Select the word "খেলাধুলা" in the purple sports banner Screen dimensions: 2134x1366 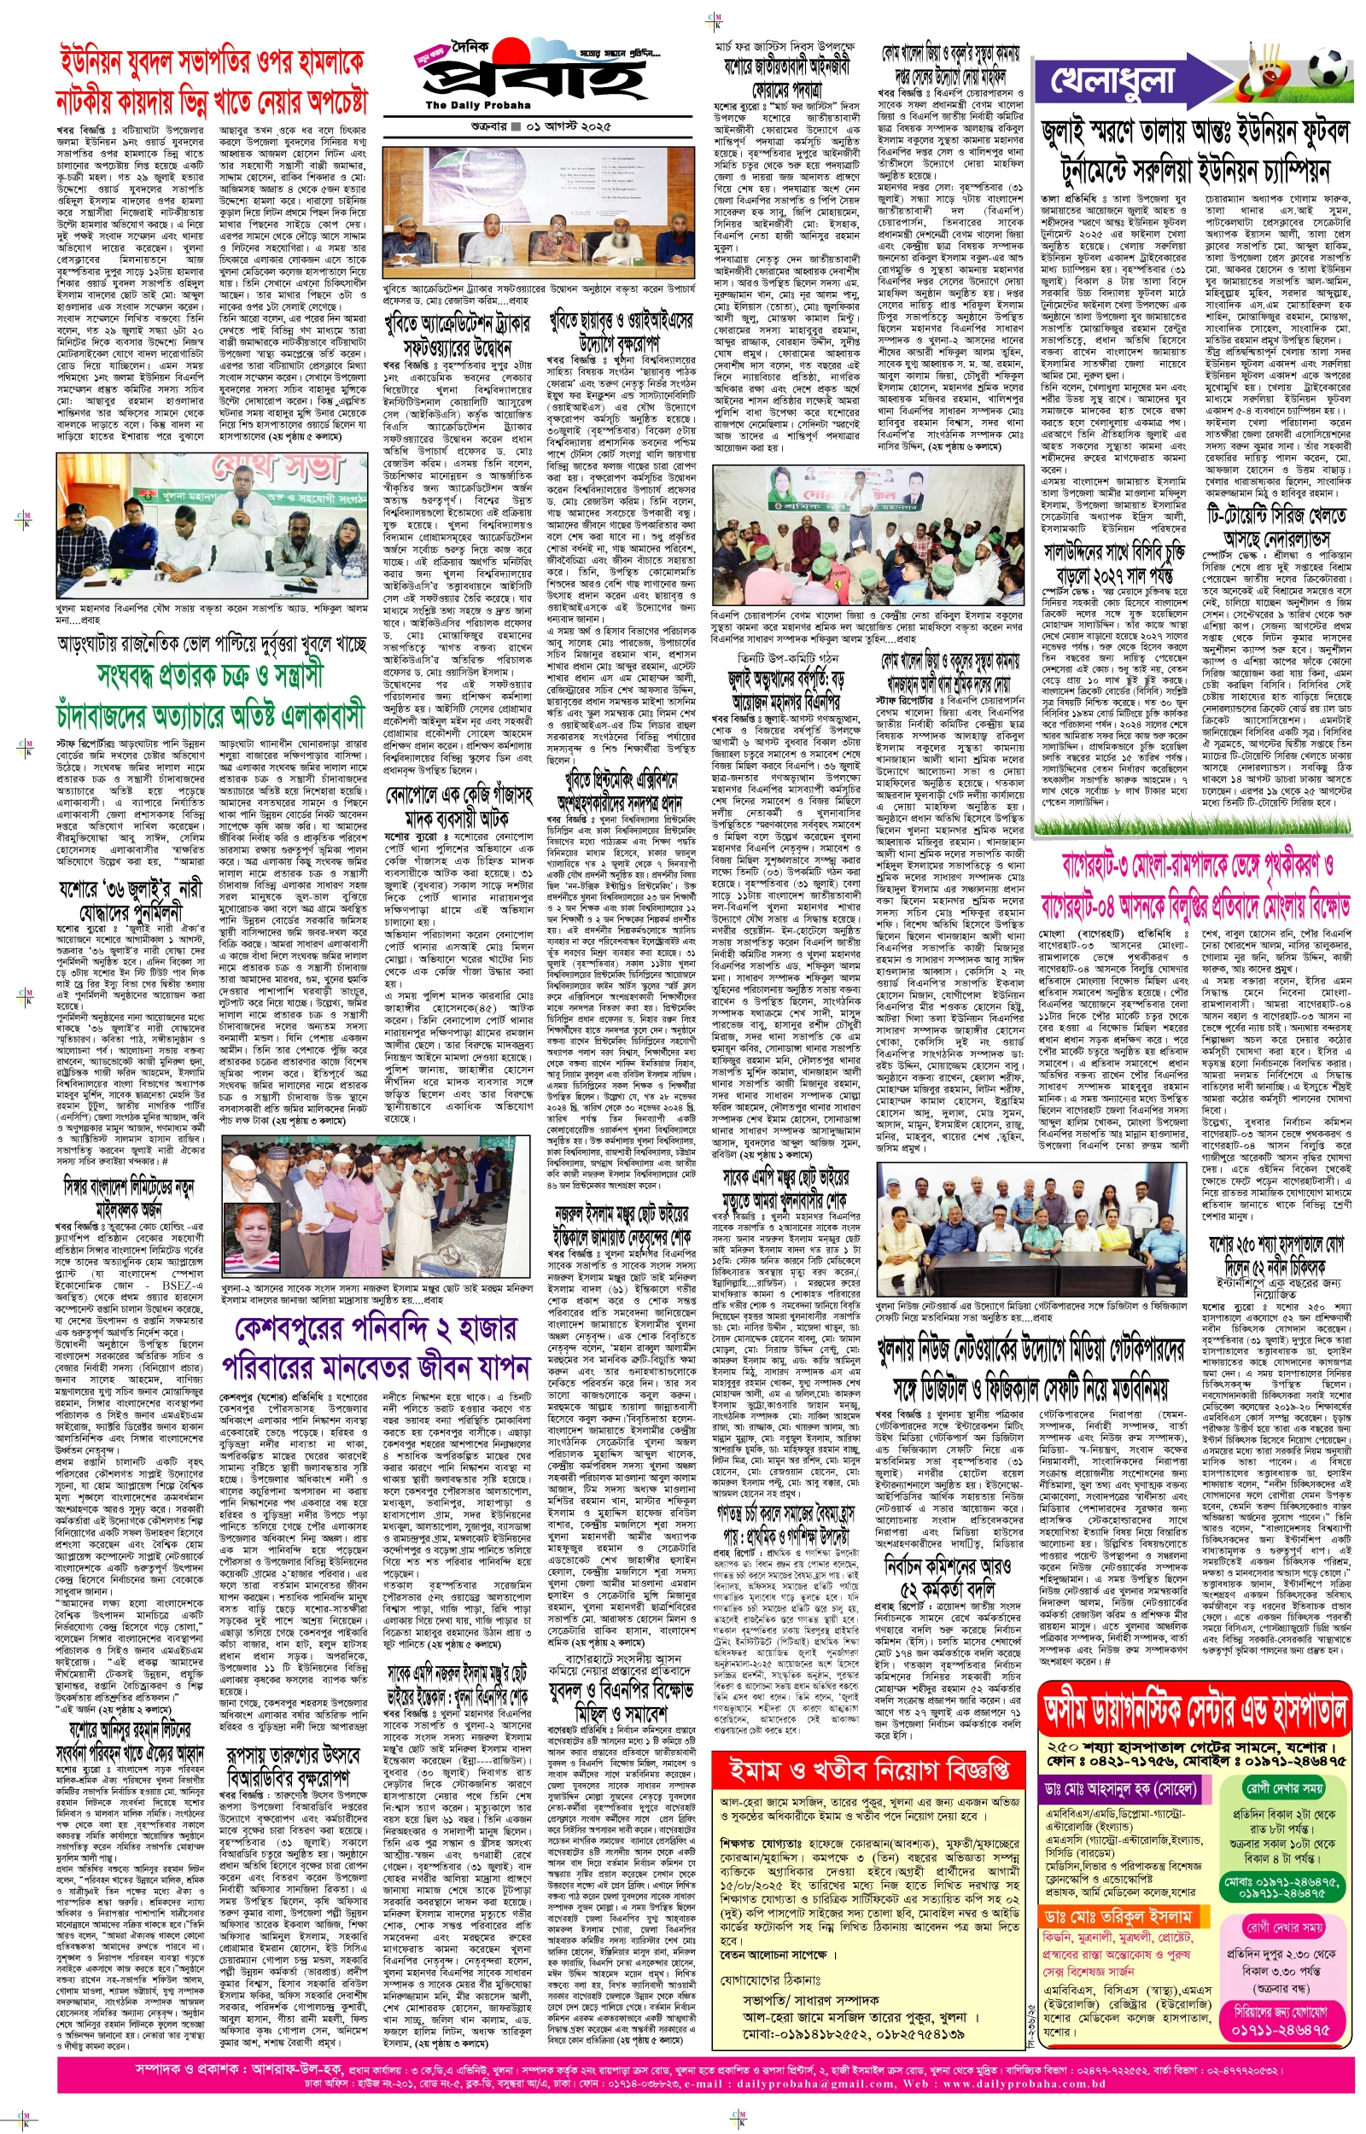[x=1113, y=79]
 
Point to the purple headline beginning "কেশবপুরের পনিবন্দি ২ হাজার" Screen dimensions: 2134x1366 [x=377, y=1349]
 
